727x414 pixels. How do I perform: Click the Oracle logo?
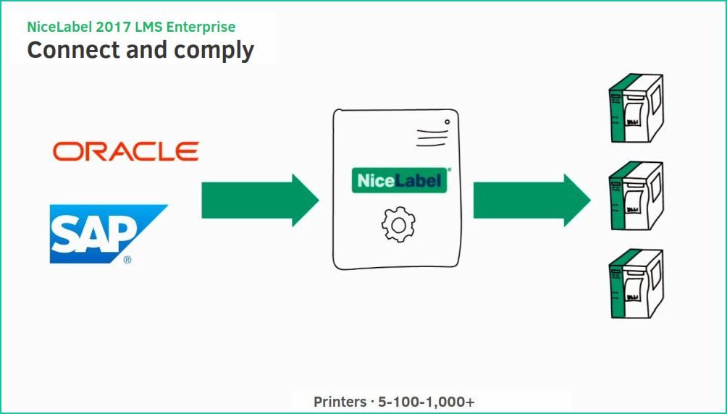(x=125, y=151)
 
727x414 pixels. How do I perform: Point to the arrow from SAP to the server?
(x=259, y=200)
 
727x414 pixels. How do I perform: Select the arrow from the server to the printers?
(x=531, y=200)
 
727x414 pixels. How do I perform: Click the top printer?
(x=636, y=109)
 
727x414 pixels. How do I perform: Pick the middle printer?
(x=636, y=195)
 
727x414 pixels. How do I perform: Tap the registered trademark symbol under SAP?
(x=127, y=258)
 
